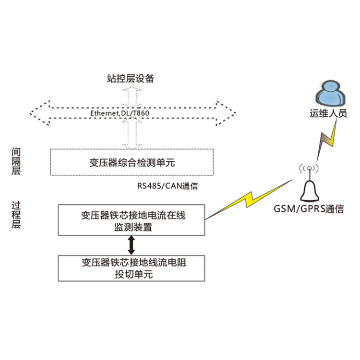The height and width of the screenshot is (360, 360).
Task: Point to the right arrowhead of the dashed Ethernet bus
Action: (x=226, y=113)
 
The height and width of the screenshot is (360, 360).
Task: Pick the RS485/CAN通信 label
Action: (x=167, y=186)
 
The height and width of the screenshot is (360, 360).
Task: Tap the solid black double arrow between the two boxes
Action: (x=131, y=245)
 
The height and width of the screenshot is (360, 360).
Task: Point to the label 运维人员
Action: (x=328, y=114)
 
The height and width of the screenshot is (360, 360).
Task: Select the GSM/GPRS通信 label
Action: (x=309, y=209)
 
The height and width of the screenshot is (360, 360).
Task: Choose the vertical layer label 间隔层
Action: (x=16, y=161)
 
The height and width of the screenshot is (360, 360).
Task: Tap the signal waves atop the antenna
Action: (x=310, y=169)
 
